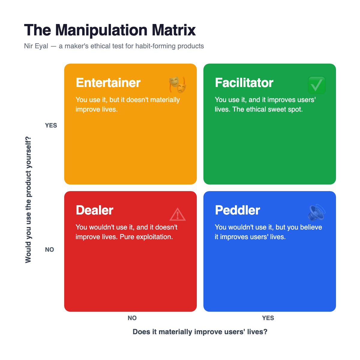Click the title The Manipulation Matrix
click(x=110, y=30)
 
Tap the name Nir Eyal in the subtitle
click(x=36, y=46)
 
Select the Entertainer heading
click(x=108, y=82)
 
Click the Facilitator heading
click(x=244, y=82)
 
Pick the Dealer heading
click(x=94, y=210)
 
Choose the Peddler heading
click(x=237, y=210)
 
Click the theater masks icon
click(x=178, y=85)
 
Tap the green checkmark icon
click(x=316, y=85)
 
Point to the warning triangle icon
click(x=178, y=214)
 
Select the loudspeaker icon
click(x=316, y=212)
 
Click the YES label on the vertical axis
click(x=51, y=125)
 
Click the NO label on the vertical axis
click(x=49, y=250)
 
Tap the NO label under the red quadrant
click(x=132, y=318)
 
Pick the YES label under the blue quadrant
click(x=268, y=318)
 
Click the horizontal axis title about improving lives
click(x=200, y=332)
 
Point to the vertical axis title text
click(x=28, y=200)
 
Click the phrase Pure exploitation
click(x=146, y=237)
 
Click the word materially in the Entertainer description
click(x=165, y=100)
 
